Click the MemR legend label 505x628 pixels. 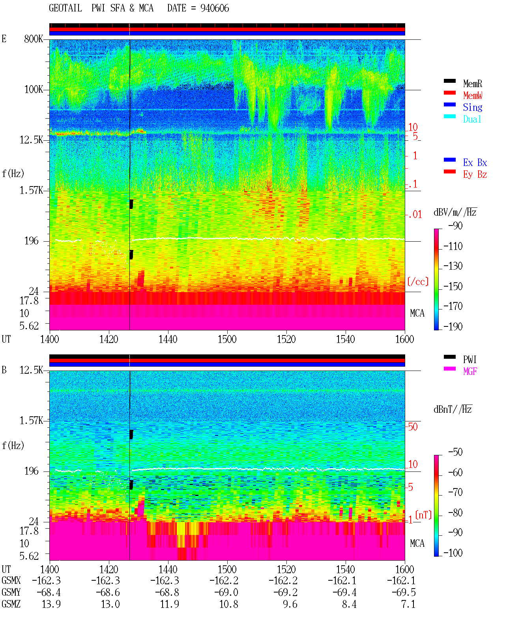tap(472, 84)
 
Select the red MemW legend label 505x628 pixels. tap(473, 95)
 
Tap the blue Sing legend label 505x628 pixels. tap(472, 107)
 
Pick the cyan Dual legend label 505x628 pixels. tap(472, 119)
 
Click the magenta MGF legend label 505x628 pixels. tap(470, 371)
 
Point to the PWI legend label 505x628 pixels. tap(469, 360)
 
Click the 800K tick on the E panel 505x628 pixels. tap(33, 39)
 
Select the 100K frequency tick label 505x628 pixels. tap(34, 89)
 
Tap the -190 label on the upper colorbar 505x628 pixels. tap(453, 326)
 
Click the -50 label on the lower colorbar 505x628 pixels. tap(455, 452)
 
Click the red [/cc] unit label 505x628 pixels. tap(418, 281)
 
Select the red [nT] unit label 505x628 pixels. tap(423, 515)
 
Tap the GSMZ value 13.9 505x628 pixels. tap(51, 604)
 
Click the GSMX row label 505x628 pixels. tap(11, 580)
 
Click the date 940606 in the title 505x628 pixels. tap(215, 8)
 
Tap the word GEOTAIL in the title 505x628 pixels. tap(65, 8)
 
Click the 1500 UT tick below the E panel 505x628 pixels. tap(227, 339)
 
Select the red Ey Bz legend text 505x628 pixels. tap(475, 175)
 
